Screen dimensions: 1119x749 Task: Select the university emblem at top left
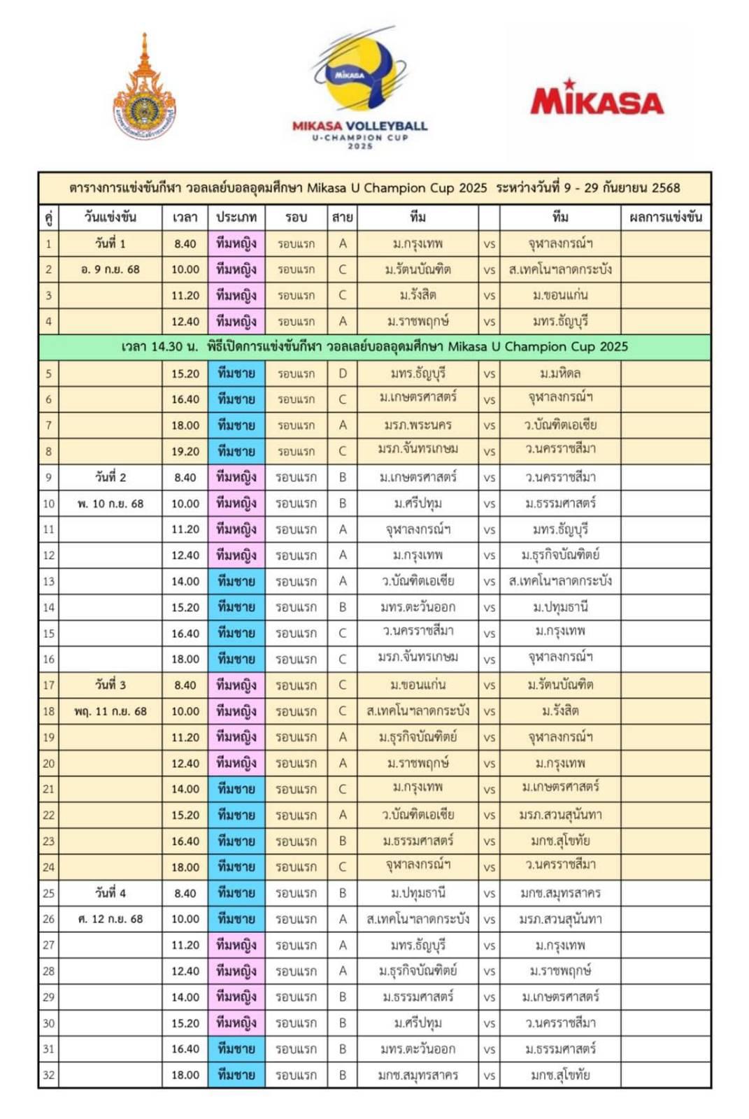coord(145,91)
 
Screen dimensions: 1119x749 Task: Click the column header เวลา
coord(185,218)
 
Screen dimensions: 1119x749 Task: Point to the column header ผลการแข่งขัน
coord(665,218)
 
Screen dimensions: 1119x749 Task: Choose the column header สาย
coord(342,218)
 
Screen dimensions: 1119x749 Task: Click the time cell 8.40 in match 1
coord(185,243)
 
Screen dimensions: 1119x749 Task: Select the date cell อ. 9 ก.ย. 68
coord(110,269)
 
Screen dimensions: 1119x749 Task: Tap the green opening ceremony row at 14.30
coord(374,347)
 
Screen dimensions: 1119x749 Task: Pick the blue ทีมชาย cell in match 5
coord(236,373)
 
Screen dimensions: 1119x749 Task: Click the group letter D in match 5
coord(342,373)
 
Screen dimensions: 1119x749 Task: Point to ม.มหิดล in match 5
coord(560,373)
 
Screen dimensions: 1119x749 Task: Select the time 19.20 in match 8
coord(185,451)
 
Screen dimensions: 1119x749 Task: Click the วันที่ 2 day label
coord(110,477)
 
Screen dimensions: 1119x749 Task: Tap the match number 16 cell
coord(48,659)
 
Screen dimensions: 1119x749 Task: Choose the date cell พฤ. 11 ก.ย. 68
coord(110,711)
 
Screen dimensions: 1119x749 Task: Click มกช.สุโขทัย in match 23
coord(560,841)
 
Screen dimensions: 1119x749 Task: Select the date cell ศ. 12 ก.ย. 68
coord(110,919)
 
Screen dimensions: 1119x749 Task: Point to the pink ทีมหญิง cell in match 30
coord(236,1022)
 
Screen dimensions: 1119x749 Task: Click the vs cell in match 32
coord(489,1075)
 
